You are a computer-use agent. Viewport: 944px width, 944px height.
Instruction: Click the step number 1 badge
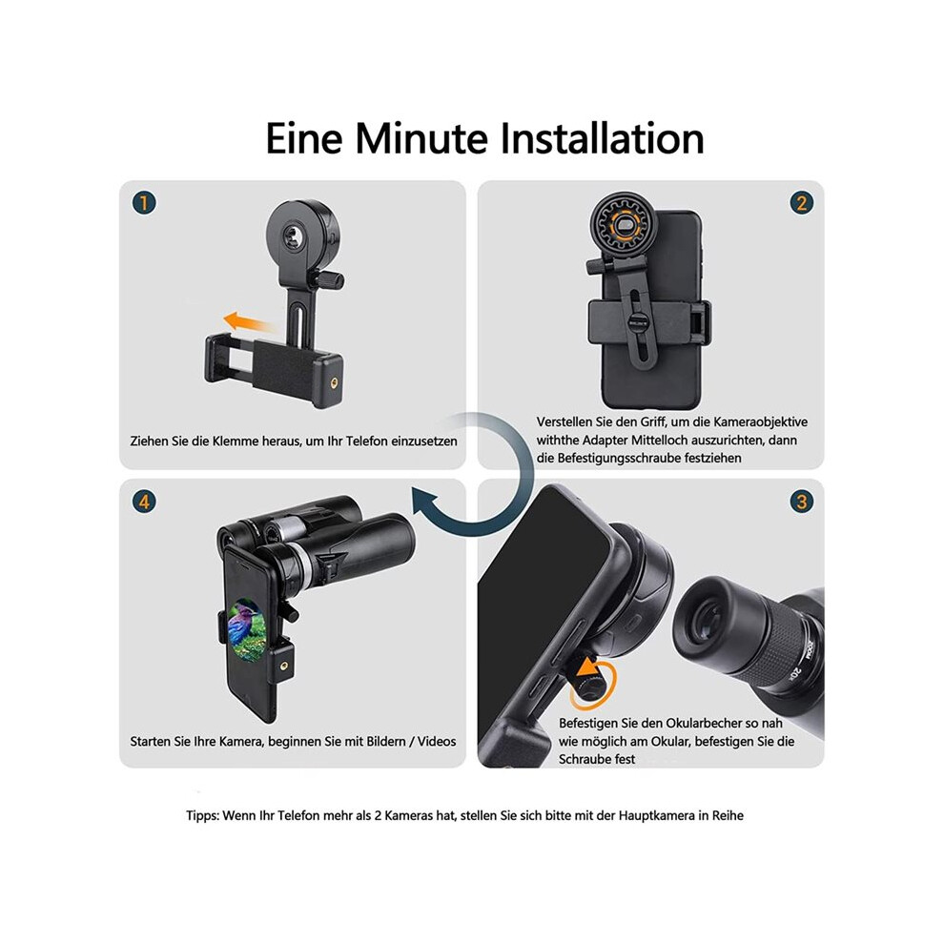point(144,203)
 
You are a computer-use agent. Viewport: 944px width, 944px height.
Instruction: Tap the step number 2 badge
point(801,203)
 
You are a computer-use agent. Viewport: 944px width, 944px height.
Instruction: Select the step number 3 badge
point(801,502)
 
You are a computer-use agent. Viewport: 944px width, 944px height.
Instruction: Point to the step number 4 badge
point(144,502)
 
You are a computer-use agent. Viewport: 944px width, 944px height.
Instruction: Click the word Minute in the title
point(421,138)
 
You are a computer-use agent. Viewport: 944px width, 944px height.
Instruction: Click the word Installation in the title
point(602,138)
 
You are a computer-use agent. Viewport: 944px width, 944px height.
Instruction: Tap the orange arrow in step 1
point(248,321)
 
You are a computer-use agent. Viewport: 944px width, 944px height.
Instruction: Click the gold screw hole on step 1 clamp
point(333,381)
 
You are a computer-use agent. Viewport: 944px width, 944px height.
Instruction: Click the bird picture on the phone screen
point(246,631)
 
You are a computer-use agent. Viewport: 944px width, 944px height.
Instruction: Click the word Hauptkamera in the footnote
point(657,816)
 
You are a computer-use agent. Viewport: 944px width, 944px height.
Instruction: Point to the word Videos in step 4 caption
point(437,741)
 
